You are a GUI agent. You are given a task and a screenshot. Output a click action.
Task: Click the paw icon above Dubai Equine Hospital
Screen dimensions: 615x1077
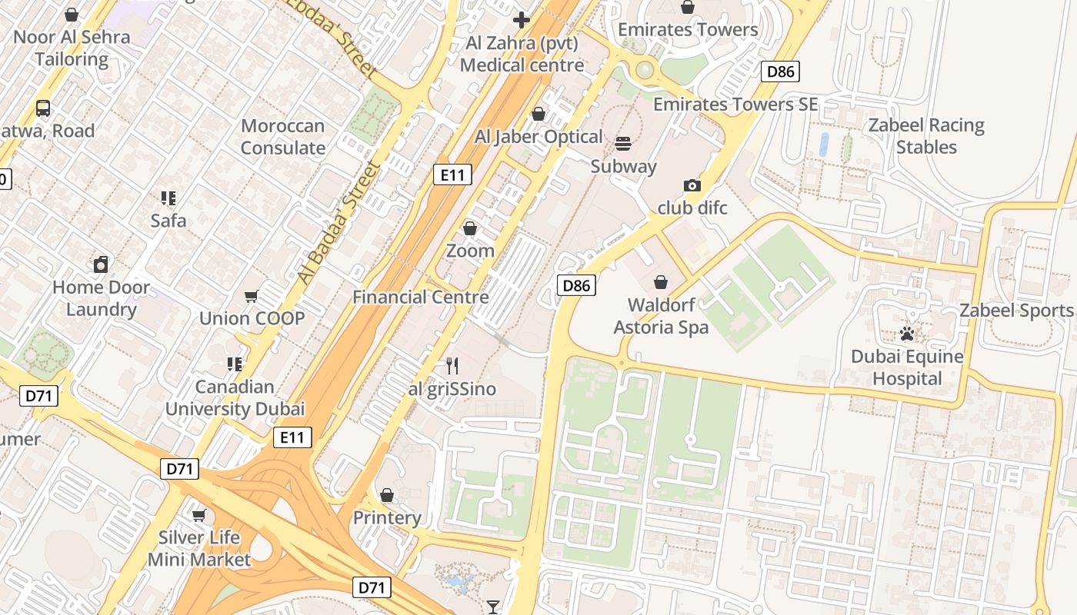tap(907, 334)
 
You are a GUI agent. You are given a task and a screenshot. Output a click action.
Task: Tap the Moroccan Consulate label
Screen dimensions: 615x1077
tap(283, 137)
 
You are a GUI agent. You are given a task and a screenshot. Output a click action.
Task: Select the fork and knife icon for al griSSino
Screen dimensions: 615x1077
tap(452, 366)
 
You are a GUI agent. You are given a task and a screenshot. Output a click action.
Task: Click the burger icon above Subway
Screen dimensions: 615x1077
tap(623, 143)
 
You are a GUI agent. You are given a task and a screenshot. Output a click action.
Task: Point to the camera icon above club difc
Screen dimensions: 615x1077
tap(692, 185)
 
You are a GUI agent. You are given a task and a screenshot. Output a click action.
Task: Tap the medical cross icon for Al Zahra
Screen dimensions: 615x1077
tap(522, 19)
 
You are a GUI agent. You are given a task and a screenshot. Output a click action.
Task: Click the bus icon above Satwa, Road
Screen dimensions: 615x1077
tap(43, 108)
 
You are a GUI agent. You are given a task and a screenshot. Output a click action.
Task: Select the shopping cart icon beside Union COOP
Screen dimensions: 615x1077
tap(252, 296)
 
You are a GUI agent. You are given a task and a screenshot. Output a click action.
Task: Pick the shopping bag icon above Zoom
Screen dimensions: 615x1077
tap(470, 228)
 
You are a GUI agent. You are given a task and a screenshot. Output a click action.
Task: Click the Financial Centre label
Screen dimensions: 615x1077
tap(421, 297)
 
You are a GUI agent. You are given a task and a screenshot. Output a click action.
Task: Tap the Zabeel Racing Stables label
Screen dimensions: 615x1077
tap(926, 136)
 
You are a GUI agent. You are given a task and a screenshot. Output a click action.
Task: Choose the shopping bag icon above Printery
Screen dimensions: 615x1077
tap(387, 495)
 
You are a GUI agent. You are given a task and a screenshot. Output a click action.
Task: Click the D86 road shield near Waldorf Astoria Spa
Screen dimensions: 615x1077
tap(576, 286)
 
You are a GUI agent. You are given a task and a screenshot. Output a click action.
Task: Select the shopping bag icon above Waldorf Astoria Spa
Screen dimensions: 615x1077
tap(660, 282)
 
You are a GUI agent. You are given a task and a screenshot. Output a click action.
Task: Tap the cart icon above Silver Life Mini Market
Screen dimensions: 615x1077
tap(199, 515)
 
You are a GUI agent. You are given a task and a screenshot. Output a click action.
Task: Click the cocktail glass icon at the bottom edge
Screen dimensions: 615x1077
tap(493, 607)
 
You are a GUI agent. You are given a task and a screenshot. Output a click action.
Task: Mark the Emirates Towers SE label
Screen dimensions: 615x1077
tap(735, 104)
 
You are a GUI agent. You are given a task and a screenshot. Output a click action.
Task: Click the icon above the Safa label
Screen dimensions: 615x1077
tap(168, 198)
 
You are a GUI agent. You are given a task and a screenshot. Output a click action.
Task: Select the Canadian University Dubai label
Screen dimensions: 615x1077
tap(235, 397)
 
